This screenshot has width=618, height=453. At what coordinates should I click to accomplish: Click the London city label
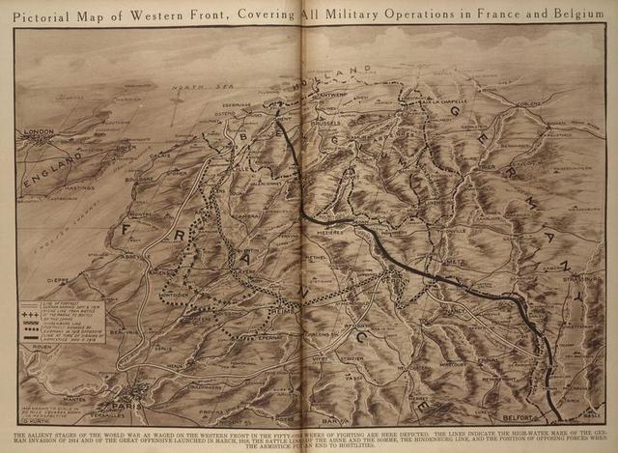(x=41, y=131)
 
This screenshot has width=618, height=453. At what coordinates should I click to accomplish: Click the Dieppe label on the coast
(x=57, y=281)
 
